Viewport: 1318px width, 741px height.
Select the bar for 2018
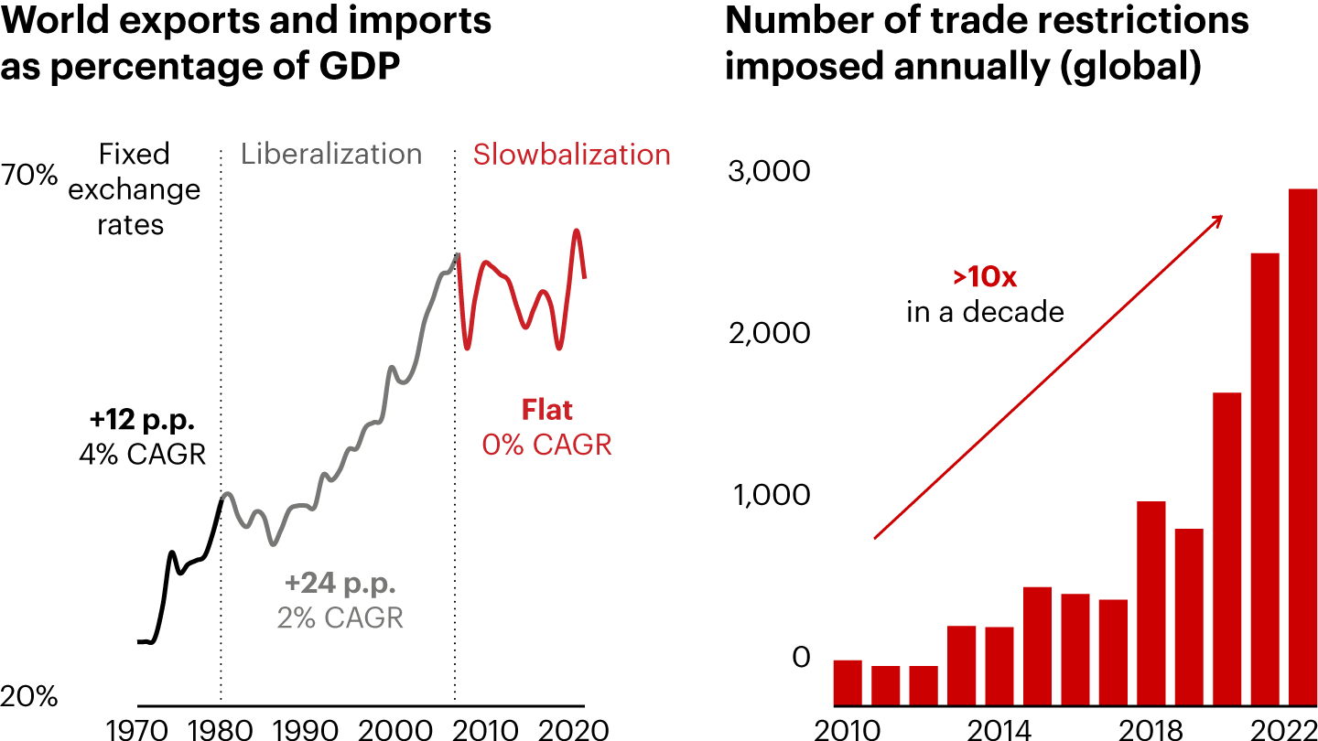(1151, 604)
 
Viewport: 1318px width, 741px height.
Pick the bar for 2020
(1226, 549)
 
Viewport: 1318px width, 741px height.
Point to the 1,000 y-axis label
(770, 495)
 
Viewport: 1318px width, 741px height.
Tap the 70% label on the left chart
(29, 174)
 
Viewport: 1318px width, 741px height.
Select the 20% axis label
(29, 697)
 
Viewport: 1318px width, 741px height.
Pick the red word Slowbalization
(571, 155)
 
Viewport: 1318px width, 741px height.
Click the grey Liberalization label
(331, 154)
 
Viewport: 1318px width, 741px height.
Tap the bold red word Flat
(546, 410)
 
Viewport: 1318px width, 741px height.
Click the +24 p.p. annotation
(340, 583)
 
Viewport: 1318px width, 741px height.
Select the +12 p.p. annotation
(143, 420)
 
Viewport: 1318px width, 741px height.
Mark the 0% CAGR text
(546, 445)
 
